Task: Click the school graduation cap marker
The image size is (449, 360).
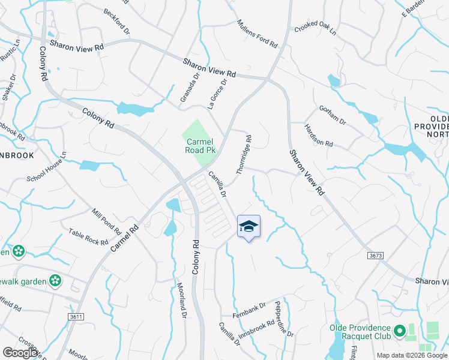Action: tap(249, 227)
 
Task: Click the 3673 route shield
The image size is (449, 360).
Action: tap(375, 256)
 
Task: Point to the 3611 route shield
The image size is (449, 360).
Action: tap(76, 316)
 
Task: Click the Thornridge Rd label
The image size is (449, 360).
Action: tap(244, 154)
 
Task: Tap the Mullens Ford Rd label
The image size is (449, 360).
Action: tap(257, 34)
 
